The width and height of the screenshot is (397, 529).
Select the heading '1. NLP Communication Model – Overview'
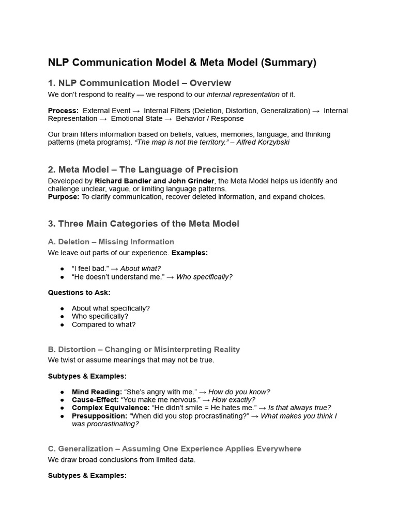[x=139, y=83]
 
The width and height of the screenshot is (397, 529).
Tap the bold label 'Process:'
[x=63, y=111]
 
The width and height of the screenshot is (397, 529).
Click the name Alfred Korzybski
[x=264, y=142]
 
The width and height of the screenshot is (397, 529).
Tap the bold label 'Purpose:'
[x=64, y=197]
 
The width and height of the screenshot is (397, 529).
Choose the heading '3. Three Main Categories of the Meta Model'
[x=143, y=224]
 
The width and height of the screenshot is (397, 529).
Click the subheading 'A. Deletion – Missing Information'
[x=111, y=242]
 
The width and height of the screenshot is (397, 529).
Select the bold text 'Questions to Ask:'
[x=79, y=292]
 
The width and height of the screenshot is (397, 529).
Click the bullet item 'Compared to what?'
[x=103, y=324]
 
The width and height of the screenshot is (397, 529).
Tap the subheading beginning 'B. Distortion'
[x=144, y=350]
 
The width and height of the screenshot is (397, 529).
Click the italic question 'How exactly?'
[x=234, y=400]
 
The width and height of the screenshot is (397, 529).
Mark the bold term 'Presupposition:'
[x=99, y=416]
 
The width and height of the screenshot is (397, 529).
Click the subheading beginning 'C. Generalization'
[x=174, y=449]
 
